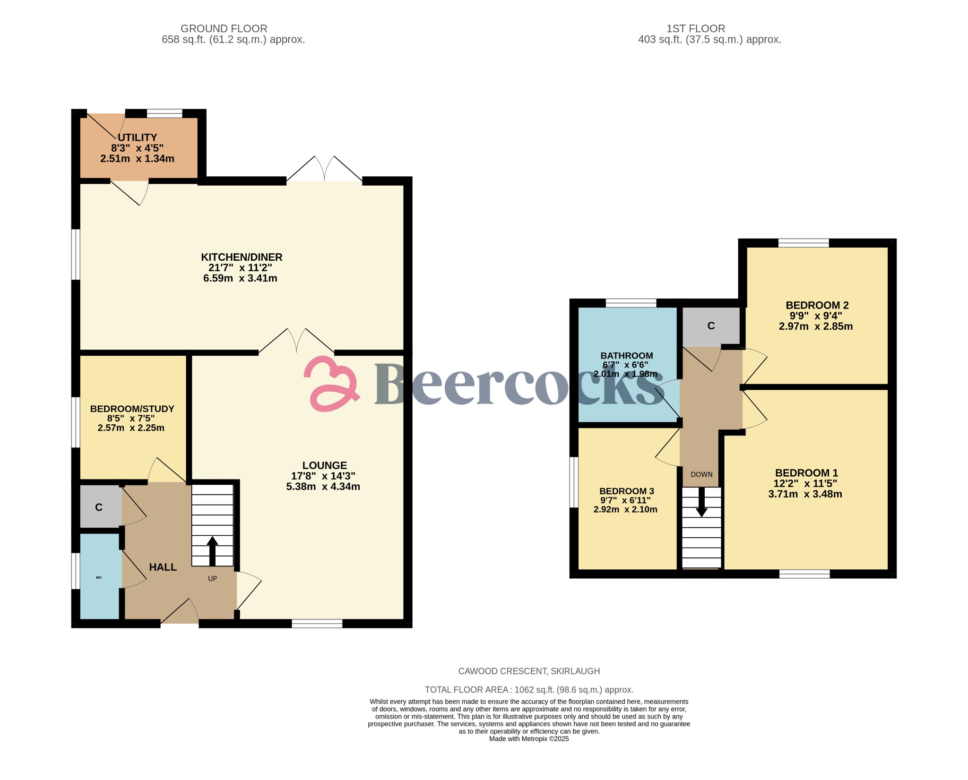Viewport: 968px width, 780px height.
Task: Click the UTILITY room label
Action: (x=137, y=137)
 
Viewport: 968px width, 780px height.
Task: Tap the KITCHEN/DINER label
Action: (x=242, y=257)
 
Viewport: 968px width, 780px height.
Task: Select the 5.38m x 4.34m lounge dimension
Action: (x=323, y=487)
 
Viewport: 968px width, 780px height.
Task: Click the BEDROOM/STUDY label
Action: (x=132, y=409)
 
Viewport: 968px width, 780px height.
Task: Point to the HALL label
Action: (x=163, y=567)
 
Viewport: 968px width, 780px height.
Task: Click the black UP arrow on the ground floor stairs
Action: (x=212, y=550)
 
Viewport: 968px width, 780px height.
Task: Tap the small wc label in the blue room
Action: (x=99, y=577)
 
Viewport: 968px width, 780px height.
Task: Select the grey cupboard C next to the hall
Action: (x=99, y=507)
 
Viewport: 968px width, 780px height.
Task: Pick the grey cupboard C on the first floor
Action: (x=711, y=326)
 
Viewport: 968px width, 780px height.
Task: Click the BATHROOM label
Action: (x=626, y=356)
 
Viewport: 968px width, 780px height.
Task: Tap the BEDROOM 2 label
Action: (x=817, y=305)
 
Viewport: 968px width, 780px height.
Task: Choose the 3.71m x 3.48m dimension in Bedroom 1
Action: (x=805, y=494)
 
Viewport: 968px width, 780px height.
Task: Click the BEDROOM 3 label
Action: (x=626, y=491)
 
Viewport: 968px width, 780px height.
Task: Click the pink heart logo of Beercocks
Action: (x=331, y=383)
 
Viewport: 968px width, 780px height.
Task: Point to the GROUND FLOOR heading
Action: (x=224, y=29)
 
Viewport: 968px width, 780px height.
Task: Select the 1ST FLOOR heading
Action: (x=695, y=29)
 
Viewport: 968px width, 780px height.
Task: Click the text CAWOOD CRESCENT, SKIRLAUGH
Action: (x=529, y=671)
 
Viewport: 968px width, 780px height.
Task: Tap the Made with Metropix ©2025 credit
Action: (x=529, y=739)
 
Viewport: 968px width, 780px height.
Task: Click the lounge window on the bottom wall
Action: (x=317, y=624)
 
